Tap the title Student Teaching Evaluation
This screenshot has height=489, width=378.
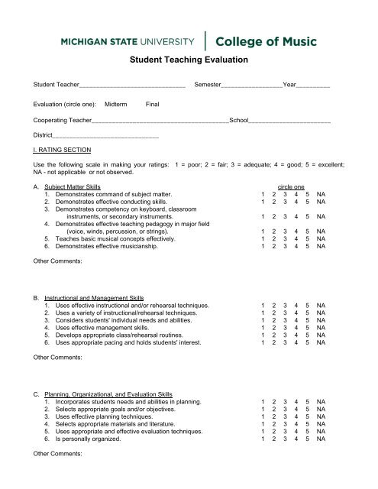click(x=189, y=59)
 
